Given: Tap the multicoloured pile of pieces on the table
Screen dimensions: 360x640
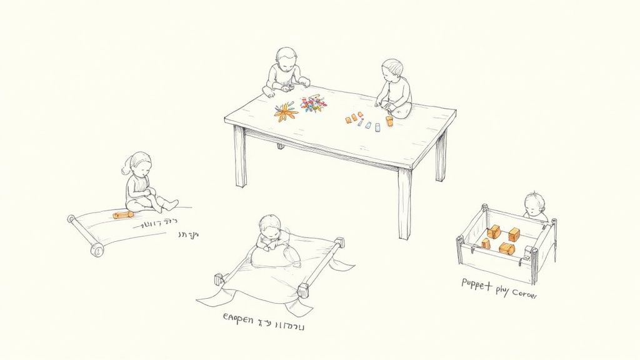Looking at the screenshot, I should [x=312, y=104].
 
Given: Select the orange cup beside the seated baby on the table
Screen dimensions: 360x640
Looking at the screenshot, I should [x=389, y=121].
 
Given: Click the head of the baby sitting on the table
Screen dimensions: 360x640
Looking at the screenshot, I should [x=392, y=69].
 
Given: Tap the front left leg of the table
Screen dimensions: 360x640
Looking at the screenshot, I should [x=240, y=156].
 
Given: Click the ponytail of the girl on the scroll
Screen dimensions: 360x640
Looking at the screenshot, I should [x=127, y=169].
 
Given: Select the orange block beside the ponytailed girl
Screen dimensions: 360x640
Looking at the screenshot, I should [x=122, y=214].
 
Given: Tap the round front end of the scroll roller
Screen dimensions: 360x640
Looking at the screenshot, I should [x=97, y=251].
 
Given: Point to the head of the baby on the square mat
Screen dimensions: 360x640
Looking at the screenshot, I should [x=270, y=226].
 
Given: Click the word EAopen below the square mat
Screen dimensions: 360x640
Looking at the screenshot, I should [x=238, y=320].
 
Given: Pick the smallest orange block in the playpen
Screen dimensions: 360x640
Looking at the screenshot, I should [x=486, y=243].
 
